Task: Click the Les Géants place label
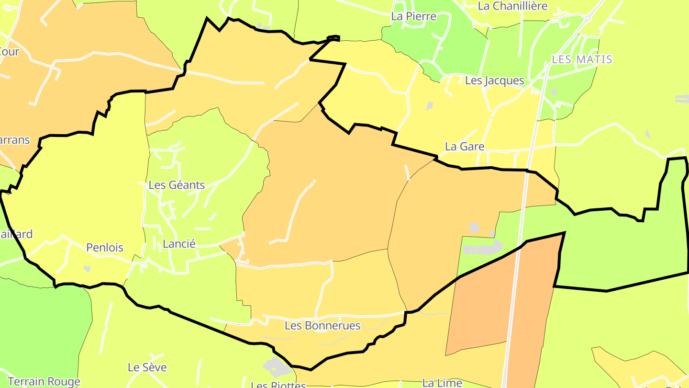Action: click(x=177, y=185)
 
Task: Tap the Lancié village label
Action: click(x=179, y=244)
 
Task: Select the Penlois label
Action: click(x=105, y=248)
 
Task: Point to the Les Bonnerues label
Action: click(x=322, y=326)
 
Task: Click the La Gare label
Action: click(x=465, y=147)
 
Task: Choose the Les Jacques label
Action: click(x=495, y=80)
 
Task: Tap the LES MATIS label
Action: click(x=582, y=59)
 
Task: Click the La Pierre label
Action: click(x=414, y=16)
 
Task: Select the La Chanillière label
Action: click(x=513, y=6)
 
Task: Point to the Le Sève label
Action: click(x=147, y=367)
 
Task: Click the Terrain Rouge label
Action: click(x=44, y=382)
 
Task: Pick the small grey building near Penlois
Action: click(x=87, y=269)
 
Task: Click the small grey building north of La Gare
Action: click(x=430, y=106)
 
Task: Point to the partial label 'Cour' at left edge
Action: click(x=9, y=51)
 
